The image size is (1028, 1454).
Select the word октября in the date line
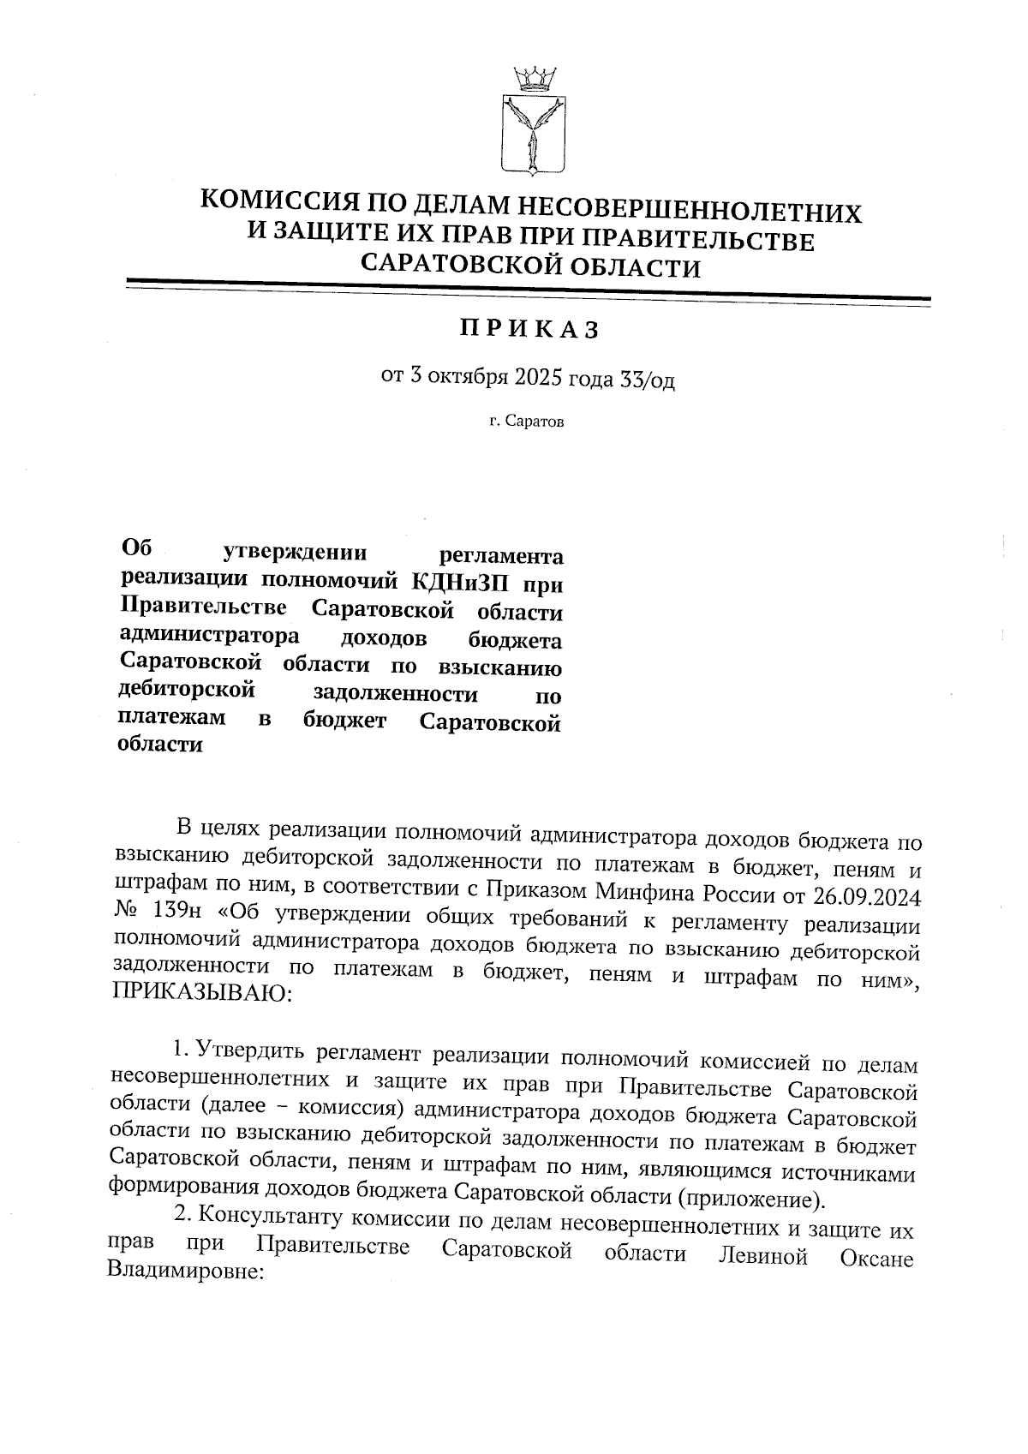tap(469, 378)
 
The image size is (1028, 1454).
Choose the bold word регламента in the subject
tap(500, 556)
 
